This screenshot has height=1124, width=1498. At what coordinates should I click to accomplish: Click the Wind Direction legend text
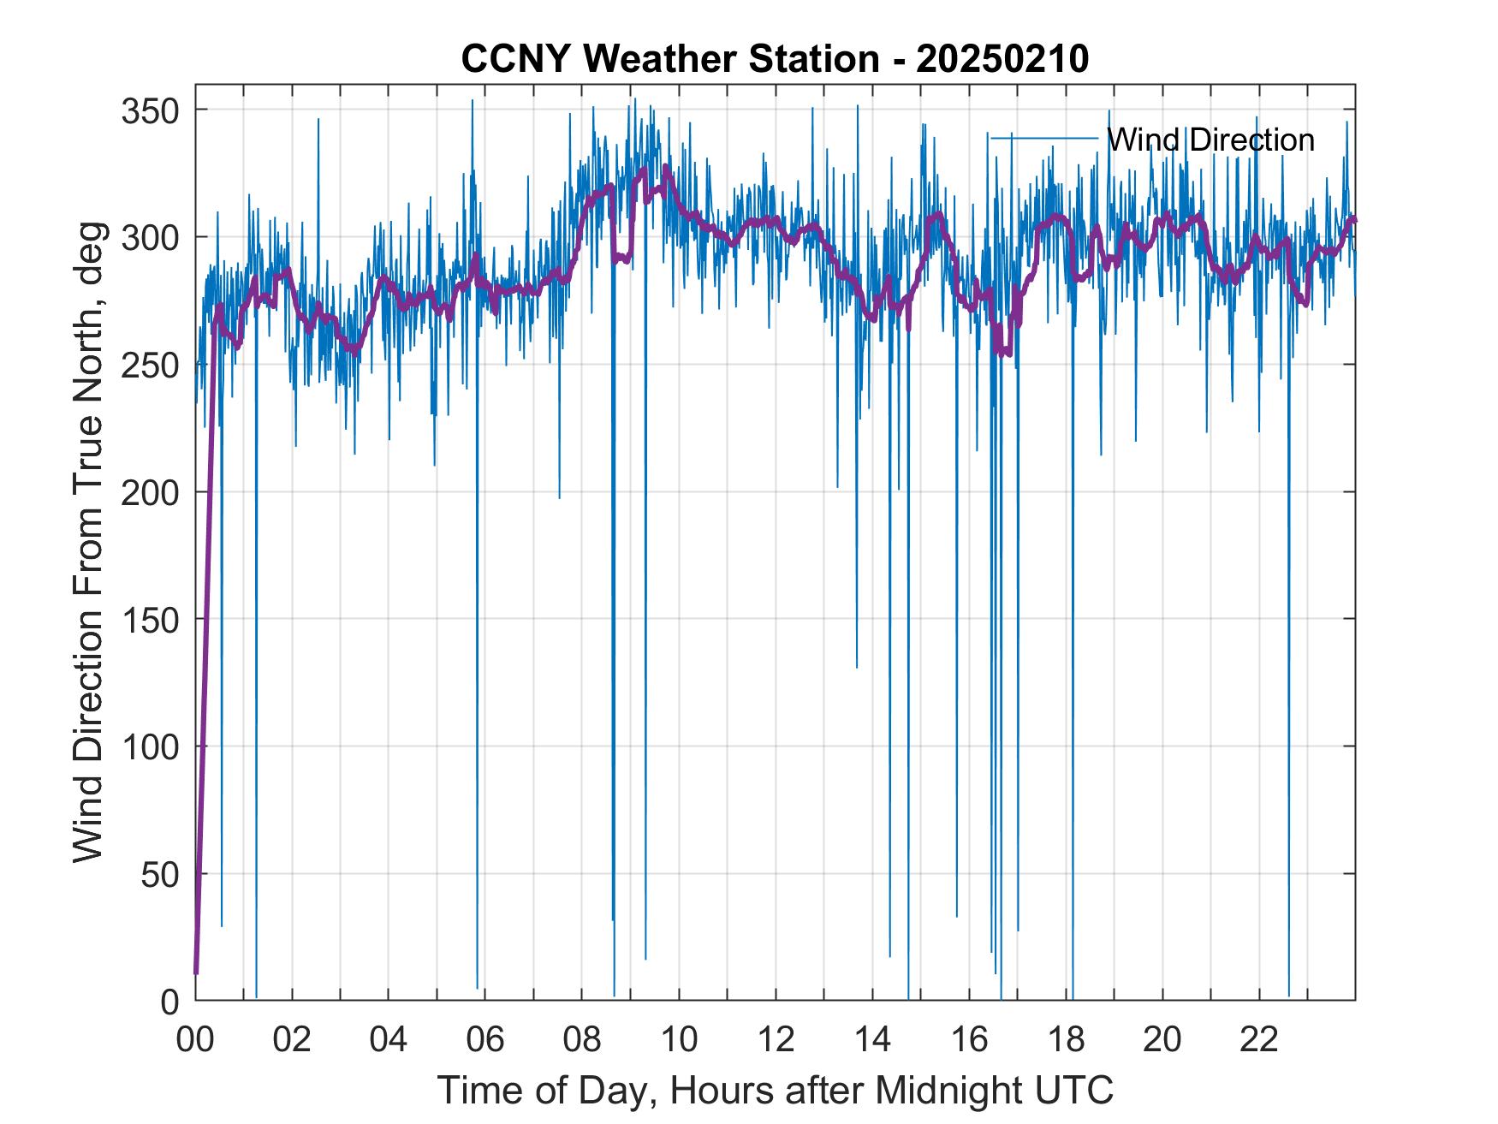point(1210,140)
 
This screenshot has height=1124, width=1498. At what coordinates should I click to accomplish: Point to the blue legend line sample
point(1043,138)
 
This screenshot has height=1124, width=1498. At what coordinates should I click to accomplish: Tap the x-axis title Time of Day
point(775,1090)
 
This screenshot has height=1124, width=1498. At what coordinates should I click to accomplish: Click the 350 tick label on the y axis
point(151,110)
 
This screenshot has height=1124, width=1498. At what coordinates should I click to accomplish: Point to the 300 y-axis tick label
point(151,237)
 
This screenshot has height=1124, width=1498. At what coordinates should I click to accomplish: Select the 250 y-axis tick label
point(151,365)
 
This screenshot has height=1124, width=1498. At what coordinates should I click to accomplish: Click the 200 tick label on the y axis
point(151,492)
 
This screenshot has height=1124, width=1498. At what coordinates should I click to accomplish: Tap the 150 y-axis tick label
point(151,619)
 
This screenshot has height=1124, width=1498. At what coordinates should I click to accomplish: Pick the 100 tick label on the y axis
point(151,746)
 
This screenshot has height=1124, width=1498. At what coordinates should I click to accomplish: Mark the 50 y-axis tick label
point(160,873)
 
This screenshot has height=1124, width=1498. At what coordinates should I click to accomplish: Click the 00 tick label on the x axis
point(195,1040)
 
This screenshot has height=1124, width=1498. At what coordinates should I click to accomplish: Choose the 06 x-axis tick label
point(485,1040)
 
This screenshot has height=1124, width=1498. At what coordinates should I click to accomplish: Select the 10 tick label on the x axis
point(679,1040)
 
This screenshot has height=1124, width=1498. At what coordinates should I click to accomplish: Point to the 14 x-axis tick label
point(872,1040)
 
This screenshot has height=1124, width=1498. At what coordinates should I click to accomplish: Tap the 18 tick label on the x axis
point(1066,1040)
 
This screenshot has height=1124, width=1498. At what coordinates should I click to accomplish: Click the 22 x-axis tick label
point(1259,1040)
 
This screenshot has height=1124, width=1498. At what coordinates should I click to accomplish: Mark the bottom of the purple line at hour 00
point(196,972)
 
